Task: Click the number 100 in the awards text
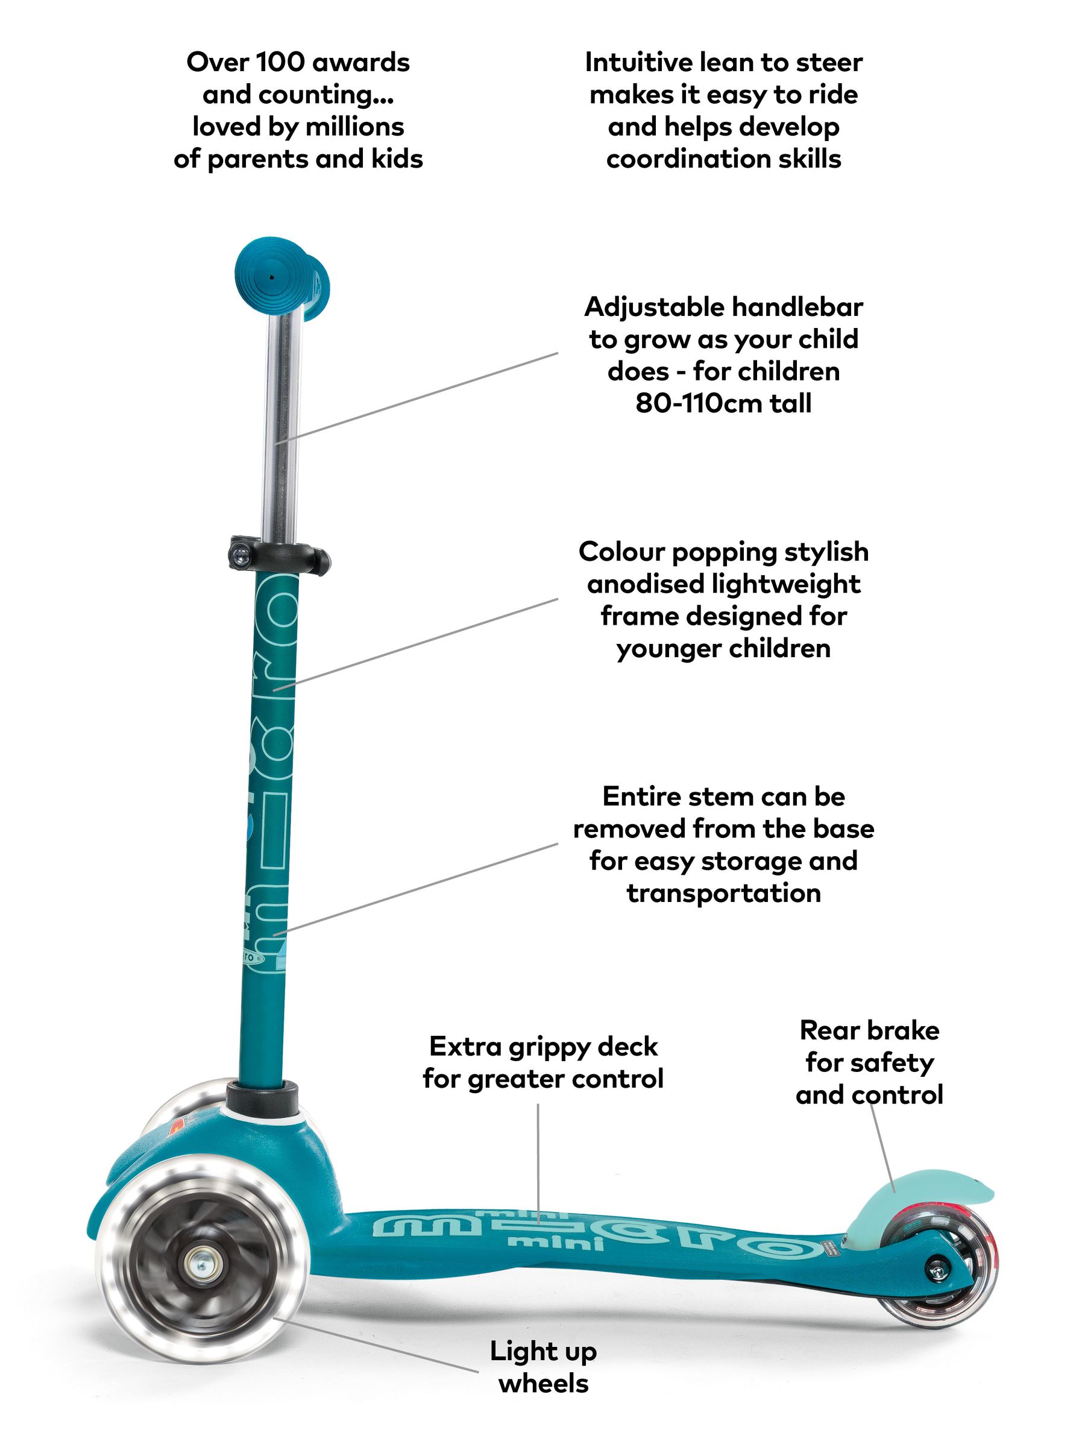280,63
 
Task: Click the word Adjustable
653,307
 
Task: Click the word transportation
723,893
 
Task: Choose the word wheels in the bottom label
543,1384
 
